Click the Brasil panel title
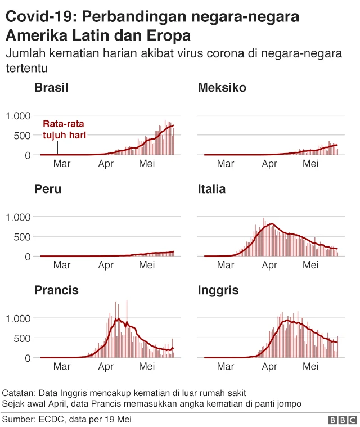(x=51, y=88)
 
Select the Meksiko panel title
(x=222, y=88)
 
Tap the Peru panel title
(x=48, y=189)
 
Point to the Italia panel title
(x=211, y=189)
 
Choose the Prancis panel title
(x=56, y=290)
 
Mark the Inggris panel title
(x=218, y=290)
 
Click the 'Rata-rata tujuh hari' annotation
(x=64, y=129)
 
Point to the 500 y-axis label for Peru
(x=22, y=237)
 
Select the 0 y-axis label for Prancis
(x=28, y=358)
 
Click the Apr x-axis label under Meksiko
(x=270, y=164)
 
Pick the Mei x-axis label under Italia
(x=310, y=265)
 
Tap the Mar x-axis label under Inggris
(x=226, y=366)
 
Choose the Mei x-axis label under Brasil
(x=147, y=164)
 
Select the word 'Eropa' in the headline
(x=166, y=36)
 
